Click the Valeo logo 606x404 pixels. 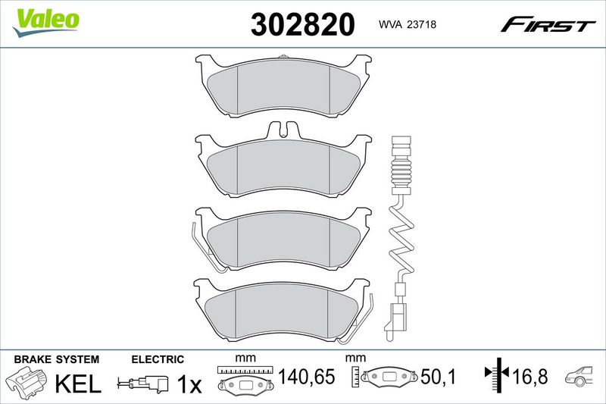(x=45, y=23)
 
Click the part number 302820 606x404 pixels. (x=302, y=24)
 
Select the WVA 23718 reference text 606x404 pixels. (x=408, y=24)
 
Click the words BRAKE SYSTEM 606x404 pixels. (x=57, y=359)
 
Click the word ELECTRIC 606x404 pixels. (x=158, y=359)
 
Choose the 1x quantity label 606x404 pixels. (x=189, y=384)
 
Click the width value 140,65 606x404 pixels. (x=307, y=377)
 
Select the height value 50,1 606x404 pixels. (x=439, y=377)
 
